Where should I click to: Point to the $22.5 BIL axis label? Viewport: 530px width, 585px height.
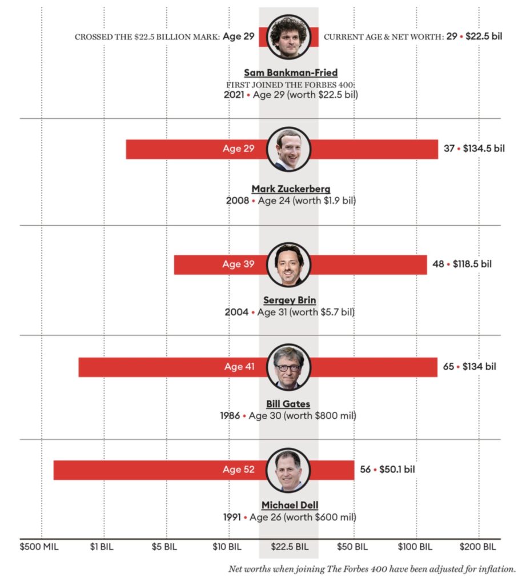289,547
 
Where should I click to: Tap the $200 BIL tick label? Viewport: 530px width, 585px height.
478,547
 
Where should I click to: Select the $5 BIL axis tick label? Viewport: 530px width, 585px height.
165,547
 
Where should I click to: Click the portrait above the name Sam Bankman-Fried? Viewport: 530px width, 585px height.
289,37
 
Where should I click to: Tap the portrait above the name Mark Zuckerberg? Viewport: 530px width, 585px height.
289,149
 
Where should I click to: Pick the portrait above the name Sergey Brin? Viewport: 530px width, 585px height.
289,265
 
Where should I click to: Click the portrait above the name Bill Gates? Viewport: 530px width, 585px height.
289,367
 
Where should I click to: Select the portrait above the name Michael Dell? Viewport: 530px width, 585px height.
289,470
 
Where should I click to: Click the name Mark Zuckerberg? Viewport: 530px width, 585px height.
291,189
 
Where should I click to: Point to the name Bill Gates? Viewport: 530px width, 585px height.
288,404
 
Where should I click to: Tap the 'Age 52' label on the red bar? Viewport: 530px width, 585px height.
239,470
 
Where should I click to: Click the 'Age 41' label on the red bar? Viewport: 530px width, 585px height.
239,367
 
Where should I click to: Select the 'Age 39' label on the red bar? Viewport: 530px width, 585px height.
238,265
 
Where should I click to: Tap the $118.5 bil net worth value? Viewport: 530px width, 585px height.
472,265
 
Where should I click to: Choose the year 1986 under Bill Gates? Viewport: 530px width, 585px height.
230,416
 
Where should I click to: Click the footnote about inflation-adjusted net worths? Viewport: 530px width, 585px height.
372,569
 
